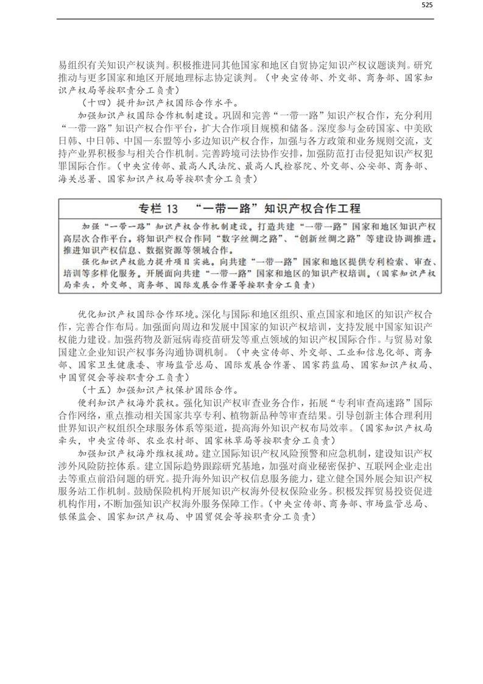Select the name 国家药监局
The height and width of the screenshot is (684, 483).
pos(327,365)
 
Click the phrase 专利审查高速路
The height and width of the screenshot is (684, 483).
pos(358,403)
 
